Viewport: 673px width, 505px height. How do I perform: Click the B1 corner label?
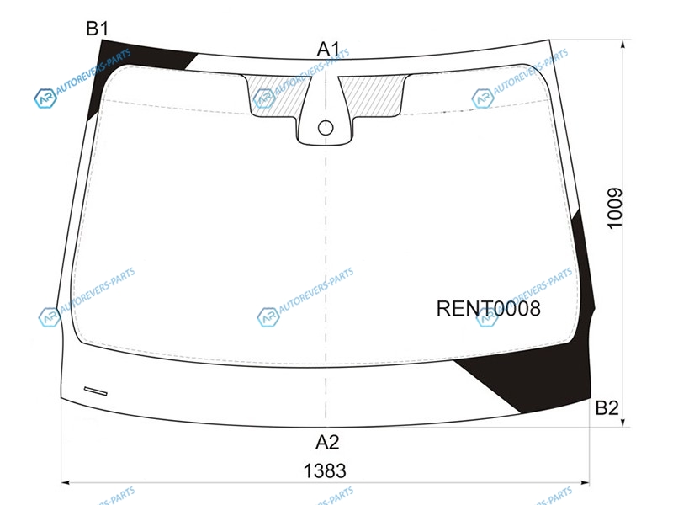[97, 29]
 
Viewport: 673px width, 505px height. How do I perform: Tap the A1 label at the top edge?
[328, 49]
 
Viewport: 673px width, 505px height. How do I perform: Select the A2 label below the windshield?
[327, 442]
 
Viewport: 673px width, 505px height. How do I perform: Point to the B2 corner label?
[607, 407]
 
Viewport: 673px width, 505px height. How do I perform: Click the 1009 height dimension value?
[615, 208]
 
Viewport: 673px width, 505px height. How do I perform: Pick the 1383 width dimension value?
[325, 471]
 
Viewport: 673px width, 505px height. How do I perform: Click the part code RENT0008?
[489, 308]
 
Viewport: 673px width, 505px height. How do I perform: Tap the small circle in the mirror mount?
[326, 128]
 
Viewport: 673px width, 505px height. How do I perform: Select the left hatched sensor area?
[278, 97]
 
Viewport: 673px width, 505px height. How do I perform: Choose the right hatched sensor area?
[373, 96]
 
